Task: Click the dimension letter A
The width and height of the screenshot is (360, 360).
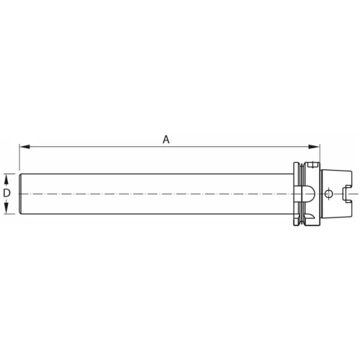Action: [166, 139]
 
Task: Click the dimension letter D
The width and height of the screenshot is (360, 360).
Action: [6, 194]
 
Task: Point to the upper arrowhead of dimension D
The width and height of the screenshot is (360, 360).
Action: [6, 177]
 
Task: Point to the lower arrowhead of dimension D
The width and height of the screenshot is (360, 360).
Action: [6, 210]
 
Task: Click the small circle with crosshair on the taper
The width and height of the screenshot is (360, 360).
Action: [328, 194]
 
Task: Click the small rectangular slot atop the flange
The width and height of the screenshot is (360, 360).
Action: [311, 166]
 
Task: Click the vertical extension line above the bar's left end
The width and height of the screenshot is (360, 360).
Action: [19, 158]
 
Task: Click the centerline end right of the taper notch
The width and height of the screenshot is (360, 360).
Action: [355, 194]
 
